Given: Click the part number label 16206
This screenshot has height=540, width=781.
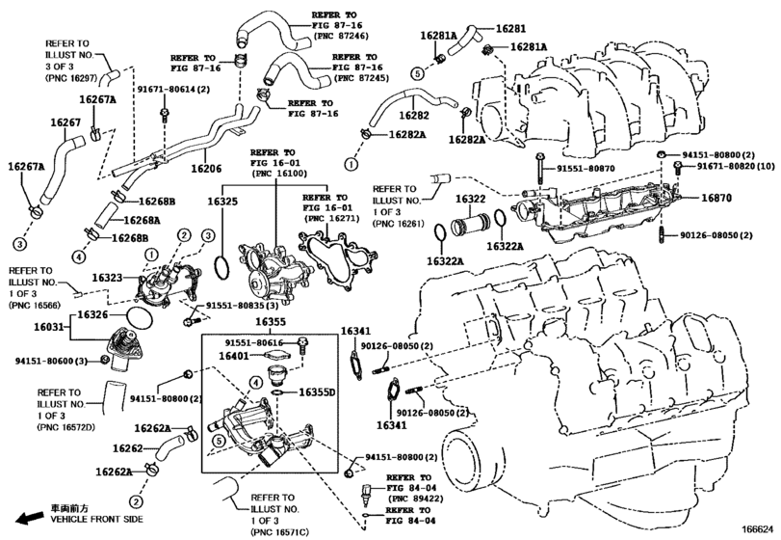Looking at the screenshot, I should coord(207,169).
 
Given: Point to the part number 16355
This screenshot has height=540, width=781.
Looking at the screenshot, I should coord(271,322).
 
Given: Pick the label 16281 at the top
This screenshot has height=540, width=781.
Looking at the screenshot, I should coord(512,30).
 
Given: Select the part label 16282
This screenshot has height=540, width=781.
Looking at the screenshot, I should coord(414,115).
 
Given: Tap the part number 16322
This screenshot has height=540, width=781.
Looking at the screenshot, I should coord(471,199).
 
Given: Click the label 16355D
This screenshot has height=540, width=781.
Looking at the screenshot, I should coord(315,393).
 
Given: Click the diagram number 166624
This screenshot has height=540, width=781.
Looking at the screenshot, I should coord(758,528).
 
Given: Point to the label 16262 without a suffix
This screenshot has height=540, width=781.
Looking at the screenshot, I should coord(127,449).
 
